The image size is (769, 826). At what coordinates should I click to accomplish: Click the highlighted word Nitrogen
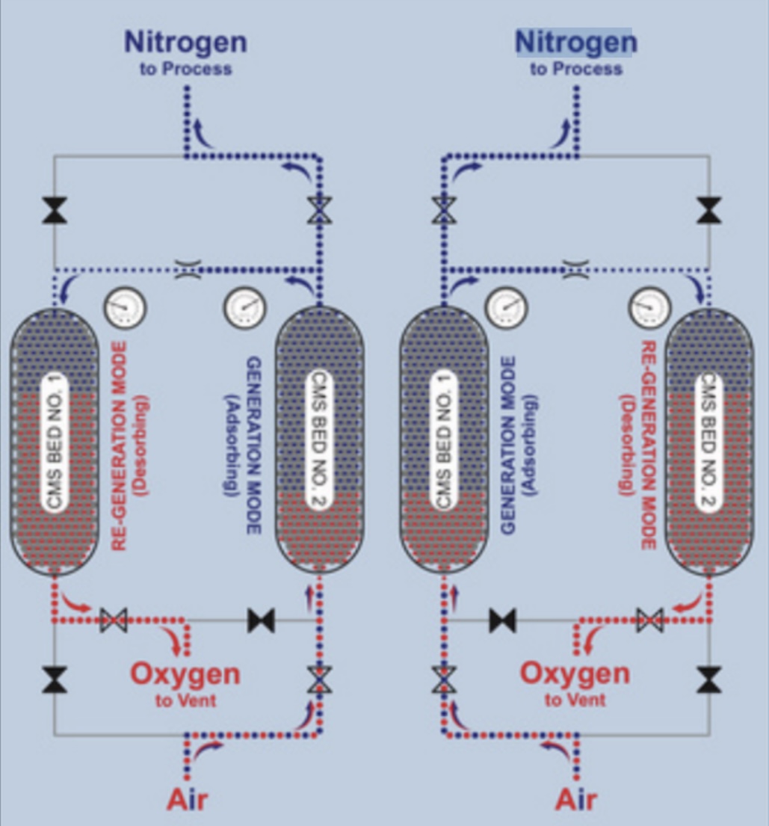(x=575, y=42)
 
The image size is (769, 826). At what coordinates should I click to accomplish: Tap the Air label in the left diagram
(x=187, y=799)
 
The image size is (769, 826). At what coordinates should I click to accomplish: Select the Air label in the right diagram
(x=576, y=799)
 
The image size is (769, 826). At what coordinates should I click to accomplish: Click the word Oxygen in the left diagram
(x=185, y=674)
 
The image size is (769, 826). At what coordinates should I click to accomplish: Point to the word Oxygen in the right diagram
(x=575, y=674)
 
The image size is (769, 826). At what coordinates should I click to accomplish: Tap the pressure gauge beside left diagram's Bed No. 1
(x=125, y=307)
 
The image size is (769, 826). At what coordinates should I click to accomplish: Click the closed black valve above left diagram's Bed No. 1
(x=54, y=212)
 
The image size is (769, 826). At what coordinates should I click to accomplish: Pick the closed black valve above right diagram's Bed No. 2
(x=708, y=212)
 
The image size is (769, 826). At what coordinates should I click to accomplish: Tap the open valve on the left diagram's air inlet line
(x=319, y=681)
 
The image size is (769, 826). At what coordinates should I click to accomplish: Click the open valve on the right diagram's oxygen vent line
(x=649, y=620)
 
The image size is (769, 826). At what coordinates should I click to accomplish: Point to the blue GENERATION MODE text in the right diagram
(x=509, y=445)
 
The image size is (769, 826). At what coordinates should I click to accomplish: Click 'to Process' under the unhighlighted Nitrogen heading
(x=185, y=69)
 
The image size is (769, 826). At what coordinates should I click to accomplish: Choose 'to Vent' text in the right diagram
(x=575, y=700)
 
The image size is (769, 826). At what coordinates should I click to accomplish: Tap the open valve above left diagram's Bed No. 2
(x=319, y=212)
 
